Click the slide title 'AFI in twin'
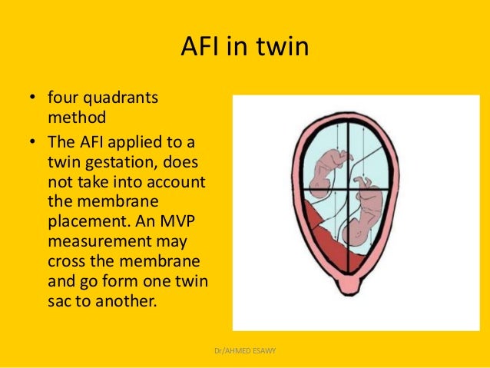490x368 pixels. pyautogui.click(x=244, y=48)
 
